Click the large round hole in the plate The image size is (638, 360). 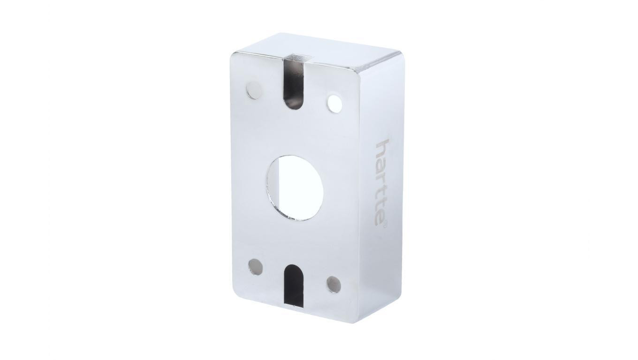(x=295, y=187)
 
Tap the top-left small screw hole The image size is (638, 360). (x=253, y=91)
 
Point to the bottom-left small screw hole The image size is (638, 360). (x=255, y=267)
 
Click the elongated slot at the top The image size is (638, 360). (x=294, y=85)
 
